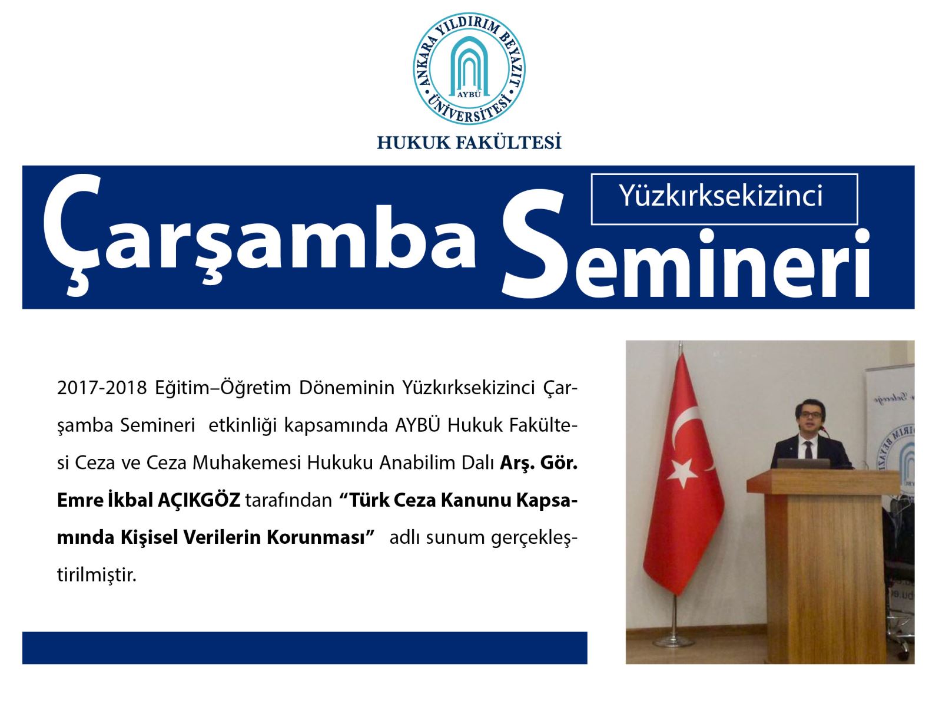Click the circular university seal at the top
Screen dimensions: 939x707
point(469,68)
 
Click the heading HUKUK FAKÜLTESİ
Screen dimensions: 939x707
point(469,142)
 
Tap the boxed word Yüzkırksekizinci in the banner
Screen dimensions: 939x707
point(721,196)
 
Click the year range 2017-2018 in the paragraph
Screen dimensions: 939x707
point(102,388)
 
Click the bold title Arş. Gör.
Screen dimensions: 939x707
point(539,463)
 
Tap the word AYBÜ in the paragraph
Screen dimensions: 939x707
point(417,425)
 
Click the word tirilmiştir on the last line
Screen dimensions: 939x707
point(97,575)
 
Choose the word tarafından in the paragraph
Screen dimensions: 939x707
point(288,500)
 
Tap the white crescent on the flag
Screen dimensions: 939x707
point(686,432)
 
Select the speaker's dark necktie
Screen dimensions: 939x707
point(808,449)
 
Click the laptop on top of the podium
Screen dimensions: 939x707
point(804,464)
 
